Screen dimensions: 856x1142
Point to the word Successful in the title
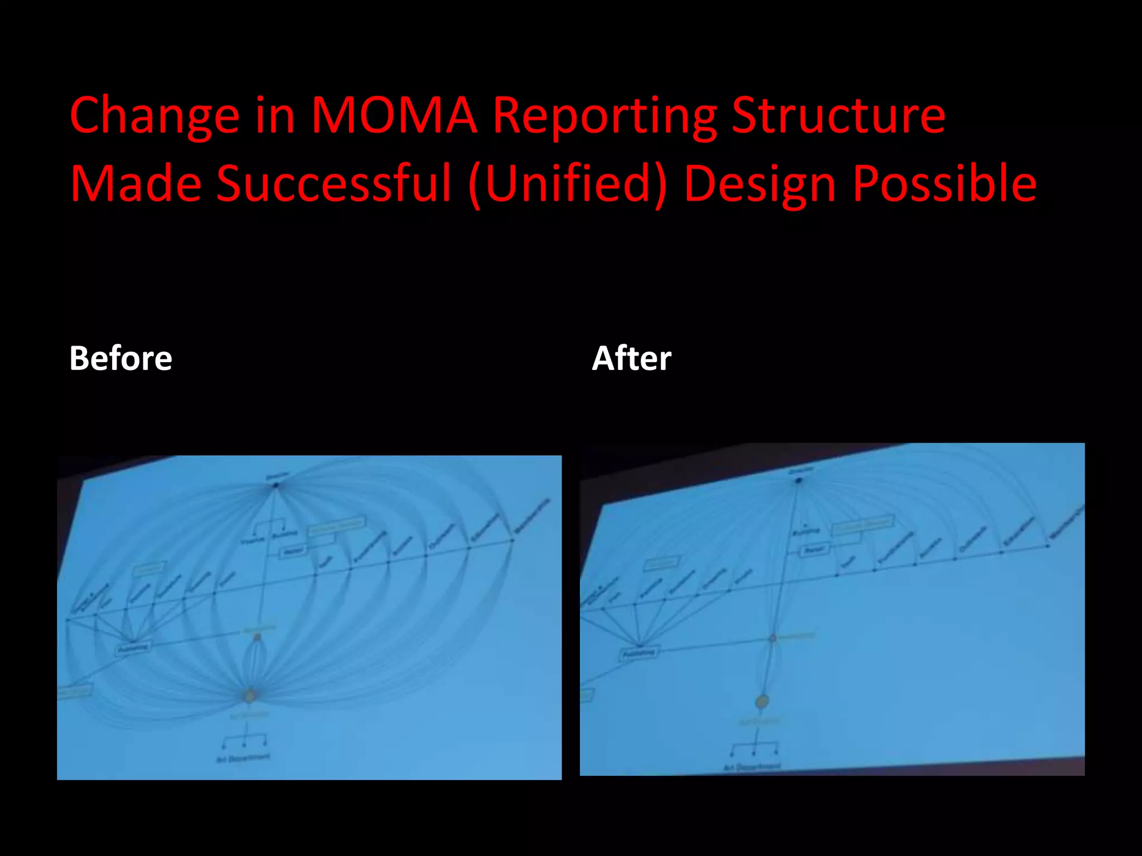click(x=333, y=183)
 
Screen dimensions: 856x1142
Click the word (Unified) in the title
click(x=568, y=183)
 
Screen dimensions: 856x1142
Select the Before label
click(x=120, y=358)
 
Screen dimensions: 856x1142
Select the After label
click(x=631, y=358)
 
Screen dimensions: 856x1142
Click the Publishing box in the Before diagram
click(x=133, y=648)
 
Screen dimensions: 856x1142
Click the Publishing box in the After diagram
click(x=639, y=653)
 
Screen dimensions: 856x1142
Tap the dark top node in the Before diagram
click(x=275, y=485)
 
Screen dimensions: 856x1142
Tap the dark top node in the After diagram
click(x=798, y=480)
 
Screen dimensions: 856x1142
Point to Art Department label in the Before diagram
click(x=243, y=758)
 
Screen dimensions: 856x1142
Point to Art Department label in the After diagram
click(x=752, y=767)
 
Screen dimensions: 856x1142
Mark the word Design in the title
click(x=761, y=183)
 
